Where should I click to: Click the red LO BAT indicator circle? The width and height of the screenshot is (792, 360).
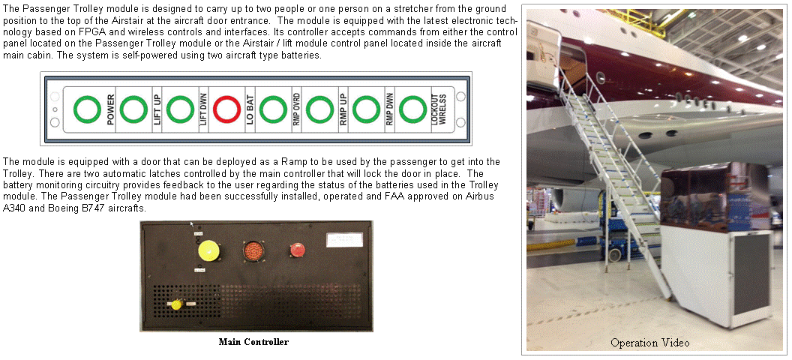coord(226,109)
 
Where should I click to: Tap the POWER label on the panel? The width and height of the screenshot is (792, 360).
coord(110,109)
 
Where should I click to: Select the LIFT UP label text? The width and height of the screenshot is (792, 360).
coord(157,109)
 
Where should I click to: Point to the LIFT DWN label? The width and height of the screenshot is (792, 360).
coord(203,109)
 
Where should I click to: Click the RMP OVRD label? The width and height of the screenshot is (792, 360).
coord(296,109)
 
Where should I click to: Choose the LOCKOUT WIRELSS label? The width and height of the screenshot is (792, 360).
coord(436,109)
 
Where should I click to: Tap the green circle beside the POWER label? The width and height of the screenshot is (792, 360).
coord(88,109)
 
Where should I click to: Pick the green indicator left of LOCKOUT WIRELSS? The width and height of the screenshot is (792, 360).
coord(412,109)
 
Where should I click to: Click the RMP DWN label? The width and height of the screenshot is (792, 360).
coord(389,109)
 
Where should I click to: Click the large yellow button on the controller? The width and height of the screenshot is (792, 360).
coord(208,250)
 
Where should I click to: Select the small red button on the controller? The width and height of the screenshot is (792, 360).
coord(296,250)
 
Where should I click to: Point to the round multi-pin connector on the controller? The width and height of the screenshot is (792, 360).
coord(253,250)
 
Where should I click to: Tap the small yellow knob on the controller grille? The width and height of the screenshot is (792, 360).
coord(176,304)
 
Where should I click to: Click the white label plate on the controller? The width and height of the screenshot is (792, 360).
coord(344,239)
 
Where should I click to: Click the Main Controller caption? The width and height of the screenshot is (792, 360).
coord(253,342)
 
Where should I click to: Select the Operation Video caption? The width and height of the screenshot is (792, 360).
coord(650,343)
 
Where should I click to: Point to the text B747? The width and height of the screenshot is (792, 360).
coord(78,208)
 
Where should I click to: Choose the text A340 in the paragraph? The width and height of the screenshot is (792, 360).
coord(13,208)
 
